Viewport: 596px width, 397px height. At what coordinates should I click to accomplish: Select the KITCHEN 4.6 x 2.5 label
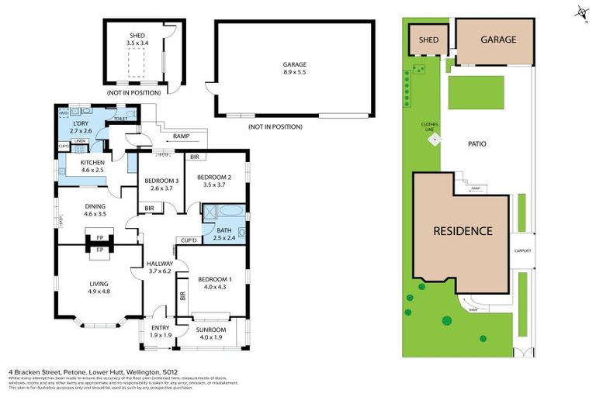87,166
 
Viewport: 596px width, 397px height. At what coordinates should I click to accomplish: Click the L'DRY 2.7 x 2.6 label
81,127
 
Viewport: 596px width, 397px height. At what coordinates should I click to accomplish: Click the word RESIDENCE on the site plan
463,230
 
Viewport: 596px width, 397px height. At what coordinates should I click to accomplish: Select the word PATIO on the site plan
477,143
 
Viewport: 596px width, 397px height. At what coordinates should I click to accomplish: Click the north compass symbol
580,12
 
